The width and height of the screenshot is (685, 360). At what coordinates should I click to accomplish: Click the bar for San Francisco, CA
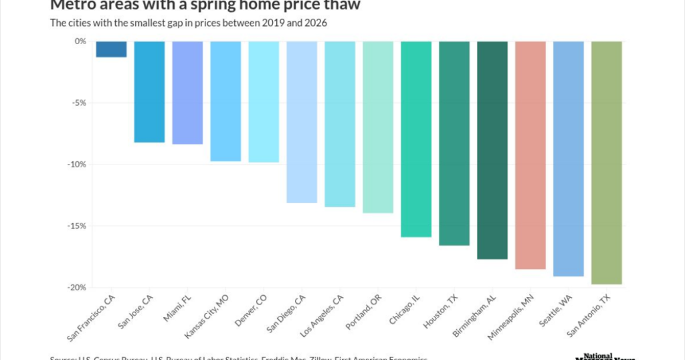(112, 50)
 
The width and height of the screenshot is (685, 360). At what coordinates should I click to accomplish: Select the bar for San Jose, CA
(150, 92)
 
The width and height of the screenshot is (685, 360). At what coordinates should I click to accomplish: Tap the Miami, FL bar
(188, 92)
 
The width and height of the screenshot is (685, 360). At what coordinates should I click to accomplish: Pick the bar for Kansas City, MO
(226, 101)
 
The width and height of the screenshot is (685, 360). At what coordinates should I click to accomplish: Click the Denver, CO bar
(264, 102)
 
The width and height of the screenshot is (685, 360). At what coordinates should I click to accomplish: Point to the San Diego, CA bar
(302, 122)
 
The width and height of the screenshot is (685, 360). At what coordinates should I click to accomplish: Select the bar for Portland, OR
(379, 127)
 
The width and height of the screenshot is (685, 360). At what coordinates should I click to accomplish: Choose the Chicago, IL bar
(417, 139)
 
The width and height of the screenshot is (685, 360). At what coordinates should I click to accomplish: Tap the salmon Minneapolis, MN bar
(531, 155)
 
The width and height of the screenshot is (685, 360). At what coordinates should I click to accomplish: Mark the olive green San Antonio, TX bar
(607, 163)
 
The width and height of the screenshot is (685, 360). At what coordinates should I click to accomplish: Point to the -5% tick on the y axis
(78, 103)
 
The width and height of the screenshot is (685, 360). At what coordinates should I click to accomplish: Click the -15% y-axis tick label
(76, 226)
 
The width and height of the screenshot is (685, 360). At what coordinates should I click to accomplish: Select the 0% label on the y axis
(80, 41)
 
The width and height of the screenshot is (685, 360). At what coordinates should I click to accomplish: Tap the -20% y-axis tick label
(76, 288)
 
